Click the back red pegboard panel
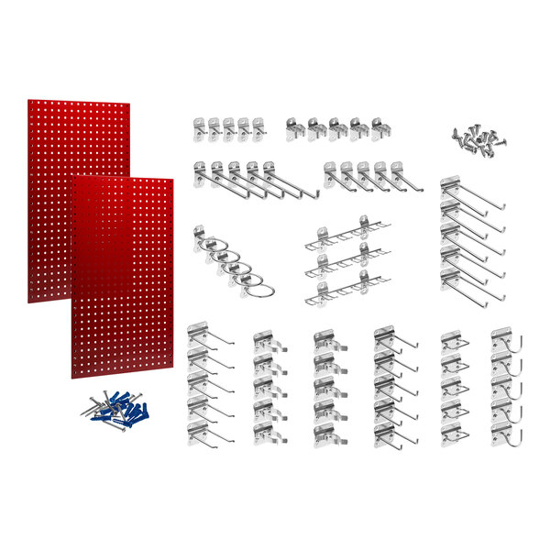pos(55,147)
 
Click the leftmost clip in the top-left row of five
pos(201,128)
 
